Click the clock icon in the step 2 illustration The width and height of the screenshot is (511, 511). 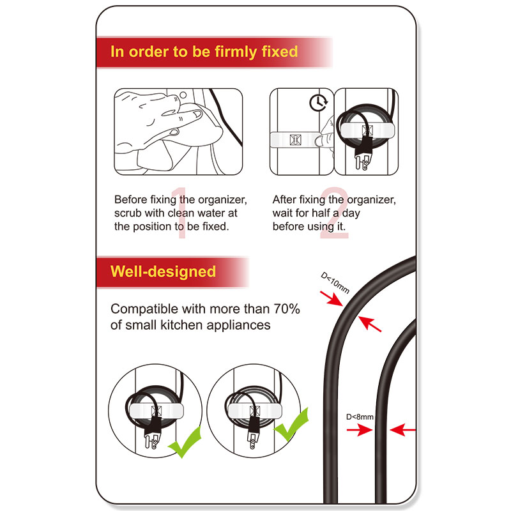click(318, 103)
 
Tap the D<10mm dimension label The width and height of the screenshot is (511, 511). click(335, 283)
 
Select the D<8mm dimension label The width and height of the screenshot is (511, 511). click(360, 417)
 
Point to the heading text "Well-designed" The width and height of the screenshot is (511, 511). click(163, 271)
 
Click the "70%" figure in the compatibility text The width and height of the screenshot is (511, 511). click(286, 309)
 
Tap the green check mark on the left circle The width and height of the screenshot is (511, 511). click(185, 442)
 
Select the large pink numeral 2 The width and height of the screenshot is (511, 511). click(334, 213)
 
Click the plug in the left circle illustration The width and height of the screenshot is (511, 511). click(153, 434)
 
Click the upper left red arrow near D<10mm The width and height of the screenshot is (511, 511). click(332, 298)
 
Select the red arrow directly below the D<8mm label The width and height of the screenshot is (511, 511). click(359, 430)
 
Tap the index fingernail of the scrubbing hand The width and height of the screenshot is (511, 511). click(197, 114)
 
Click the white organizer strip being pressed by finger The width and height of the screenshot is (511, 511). click(295, 139)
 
